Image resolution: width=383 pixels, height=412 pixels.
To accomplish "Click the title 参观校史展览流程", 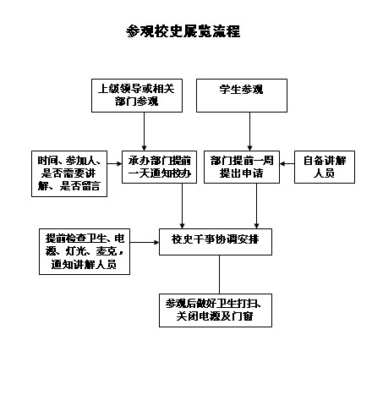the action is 183,31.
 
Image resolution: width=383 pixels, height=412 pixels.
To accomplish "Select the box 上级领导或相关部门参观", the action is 137,96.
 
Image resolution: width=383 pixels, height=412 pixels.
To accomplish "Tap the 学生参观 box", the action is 242,96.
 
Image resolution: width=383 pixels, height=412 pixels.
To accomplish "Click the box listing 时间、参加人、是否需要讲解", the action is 69,173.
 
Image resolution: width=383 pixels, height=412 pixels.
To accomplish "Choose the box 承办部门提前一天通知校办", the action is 159,167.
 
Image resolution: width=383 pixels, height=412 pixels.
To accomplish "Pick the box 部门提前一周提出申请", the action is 242,167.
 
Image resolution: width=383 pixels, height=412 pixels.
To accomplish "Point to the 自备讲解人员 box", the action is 325,167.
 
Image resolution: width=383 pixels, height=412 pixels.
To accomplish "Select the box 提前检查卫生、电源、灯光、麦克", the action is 85,251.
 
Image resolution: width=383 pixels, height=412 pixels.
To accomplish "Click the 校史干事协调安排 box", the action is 216,242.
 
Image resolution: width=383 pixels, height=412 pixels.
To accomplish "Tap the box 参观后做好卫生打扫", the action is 216,310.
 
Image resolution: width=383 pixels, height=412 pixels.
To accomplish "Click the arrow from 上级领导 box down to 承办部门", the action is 144,131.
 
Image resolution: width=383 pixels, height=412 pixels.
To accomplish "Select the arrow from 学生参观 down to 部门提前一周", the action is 249,131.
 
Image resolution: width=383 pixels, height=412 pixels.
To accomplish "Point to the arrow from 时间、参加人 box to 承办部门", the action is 114,163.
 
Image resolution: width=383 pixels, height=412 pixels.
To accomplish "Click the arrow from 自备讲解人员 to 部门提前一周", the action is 287,163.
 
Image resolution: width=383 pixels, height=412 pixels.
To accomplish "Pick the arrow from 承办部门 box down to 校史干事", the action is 182,206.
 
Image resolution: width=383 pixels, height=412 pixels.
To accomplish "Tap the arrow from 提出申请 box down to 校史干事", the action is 256,206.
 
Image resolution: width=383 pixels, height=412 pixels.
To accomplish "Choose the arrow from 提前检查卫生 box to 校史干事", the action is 145,242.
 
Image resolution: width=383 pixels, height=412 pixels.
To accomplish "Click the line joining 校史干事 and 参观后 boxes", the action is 220,274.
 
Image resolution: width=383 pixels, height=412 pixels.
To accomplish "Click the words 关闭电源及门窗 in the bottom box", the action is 215,316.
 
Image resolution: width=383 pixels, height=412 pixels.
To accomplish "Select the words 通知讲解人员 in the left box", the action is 84,265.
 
